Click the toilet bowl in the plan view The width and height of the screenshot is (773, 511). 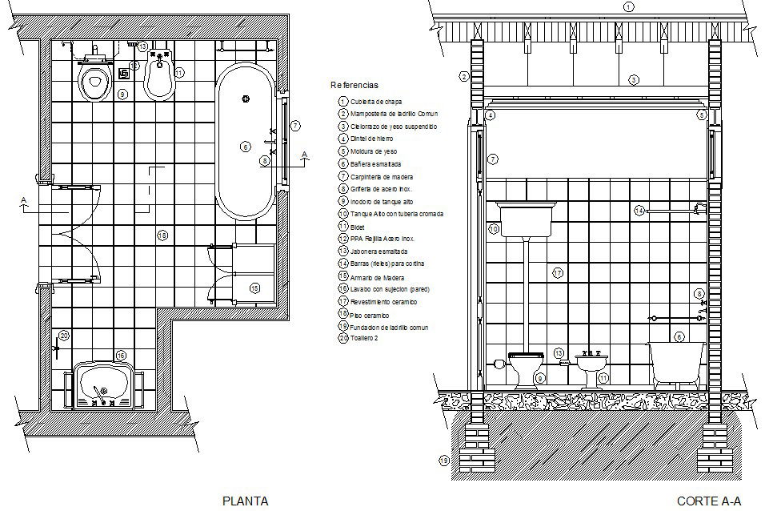94,82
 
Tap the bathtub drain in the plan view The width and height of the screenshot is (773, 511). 246,99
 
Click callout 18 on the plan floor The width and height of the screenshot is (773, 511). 162,235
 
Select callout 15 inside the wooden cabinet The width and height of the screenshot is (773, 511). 254,288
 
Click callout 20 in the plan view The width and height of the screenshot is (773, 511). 64,336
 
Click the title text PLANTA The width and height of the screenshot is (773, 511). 244,501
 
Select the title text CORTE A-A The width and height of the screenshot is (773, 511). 709,501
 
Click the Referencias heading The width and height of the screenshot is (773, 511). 354,84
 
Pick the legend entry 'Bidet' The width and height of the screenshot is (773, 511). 357,227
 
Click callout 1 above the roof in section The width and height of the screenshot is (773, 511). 629,6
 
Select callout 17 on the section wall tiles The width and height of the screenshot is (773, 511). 558,273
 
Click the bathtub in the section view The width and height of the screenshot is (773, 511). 676,364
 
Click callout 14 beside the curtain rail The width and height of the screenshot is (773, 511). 639,210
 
